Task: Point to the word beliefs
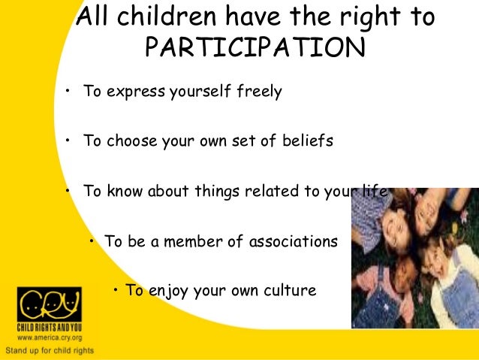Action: point(305,141)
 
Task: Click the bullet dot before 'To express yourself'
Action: point(67,92)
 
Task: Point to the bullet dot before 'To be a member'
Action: point(92,241)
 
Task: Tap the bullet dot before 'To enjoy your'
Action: point(117,289)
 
